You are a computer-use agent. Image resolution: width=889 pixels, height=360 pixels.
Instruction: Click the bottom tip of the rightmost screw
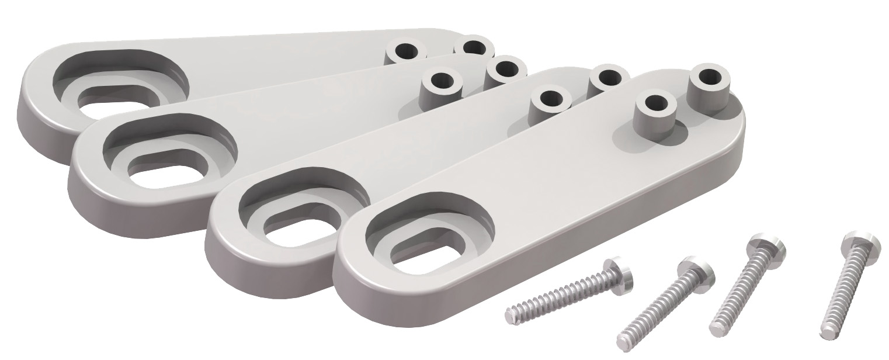coord(826,333)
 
